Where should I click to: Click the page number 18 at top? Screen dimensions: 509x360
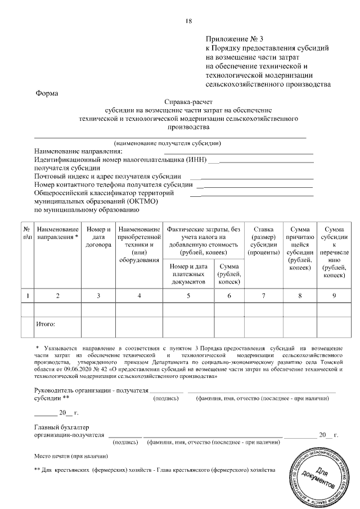[x=189, y=22]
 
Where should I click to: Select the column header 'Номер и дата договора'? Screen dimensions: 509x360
[x=98, y=237]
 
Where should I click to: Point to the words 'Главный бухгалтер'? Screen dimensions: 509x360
[x=62, y=427]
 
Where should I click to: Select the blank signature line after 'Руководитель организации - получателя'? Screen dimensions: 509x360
[x=166, y=390]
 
